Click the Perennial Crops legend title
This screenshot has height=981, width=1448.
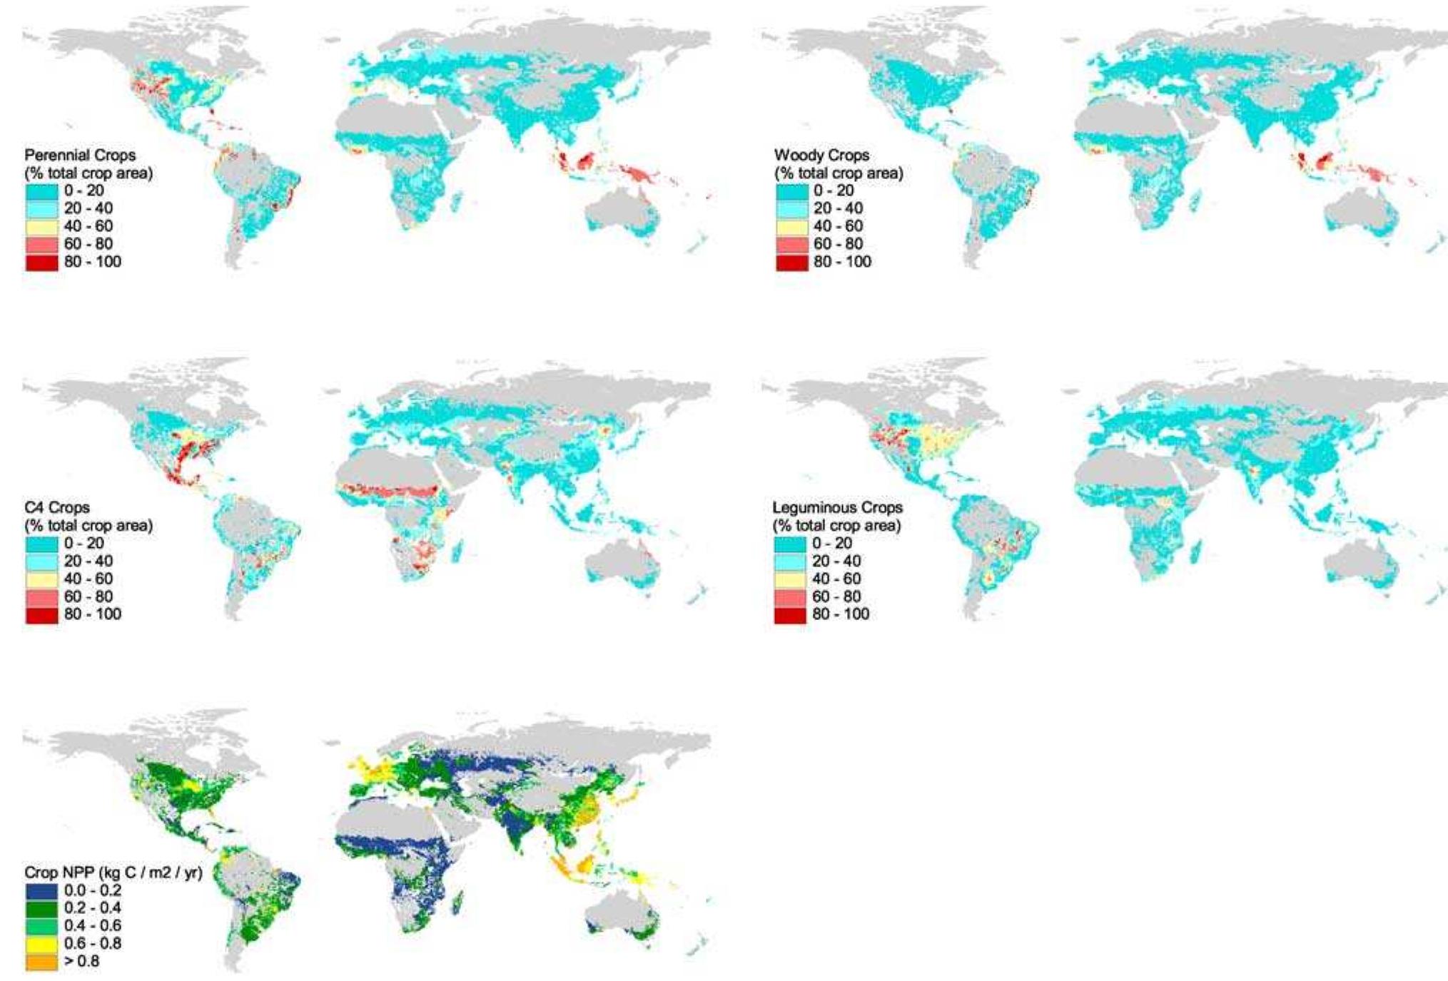[80, 155]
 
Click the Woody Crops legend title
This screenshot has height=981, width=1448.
[821, 155]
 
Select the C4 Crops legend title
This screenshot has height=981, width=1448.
[57, 507]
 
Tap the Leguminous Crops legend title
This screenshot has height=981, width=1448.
[837, 507]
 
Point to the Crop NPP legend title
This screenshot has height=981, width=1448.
[113, 873]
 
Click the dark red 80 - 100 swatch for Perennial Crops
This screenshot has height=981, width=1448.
[41, 262]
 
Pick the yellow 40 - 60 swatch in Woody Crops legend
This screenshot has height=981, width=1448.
[791, 226]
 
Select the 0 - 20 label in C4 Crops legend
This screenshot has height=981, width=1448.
[83, 543]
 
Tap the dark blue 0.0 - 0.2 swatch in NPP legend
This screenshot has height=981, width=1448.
[41, 890]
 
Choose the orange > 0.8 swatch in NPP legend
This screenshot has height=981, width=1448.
[41, 962]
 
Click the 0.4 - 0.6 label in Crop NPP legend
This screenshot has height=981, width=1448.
[93, 926]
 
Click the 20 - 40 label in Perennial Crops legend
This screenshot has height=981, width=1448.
[88, 208]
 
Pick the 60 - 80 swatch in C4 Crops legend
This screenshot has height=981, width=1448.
[41, 596]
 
